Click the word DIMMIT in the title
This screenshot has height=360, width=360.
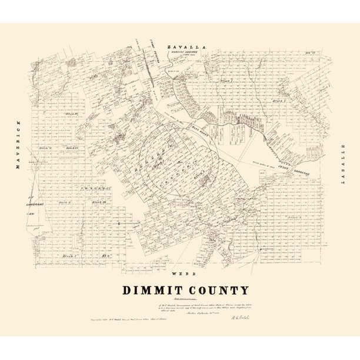pyautogui.click(x=152, y=290)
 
